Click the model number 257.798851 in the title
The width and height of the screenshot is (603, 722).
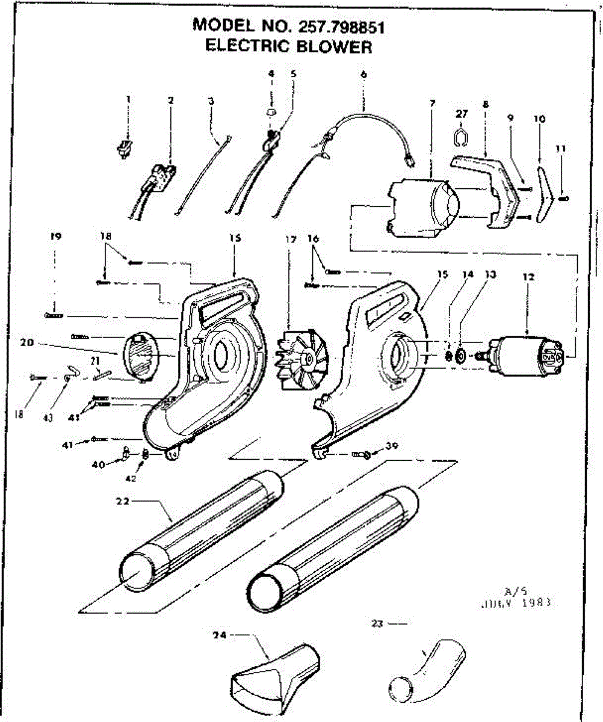click(339, 26)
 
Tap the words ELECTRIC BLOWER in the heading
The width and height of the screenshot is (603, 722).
click(288, 46)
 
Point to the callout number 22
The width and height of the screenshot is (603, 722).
click(123, 502)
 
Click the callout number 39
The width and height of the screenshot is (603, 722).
click(392, 446)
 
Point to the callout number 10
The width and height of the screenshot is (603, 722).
click(539, 119)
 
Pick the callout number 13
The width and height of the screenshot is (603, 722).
click(491, 275)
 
